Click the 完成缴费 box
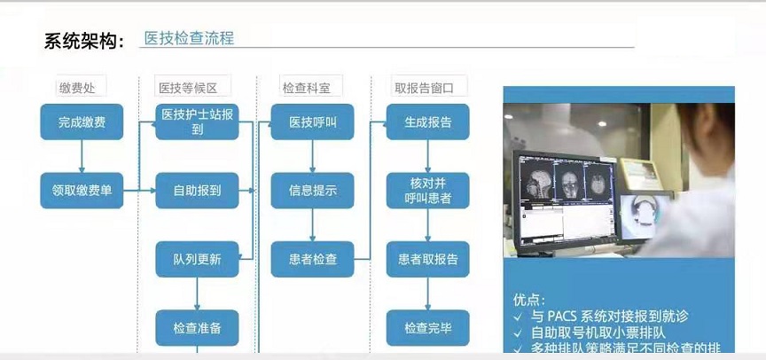tap(82, 121)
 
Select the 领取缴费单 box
tap(82, 190)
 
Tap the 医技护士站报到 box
tap(197, 121)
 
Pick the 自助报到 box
tap(197, 190)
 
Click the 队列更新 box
tap(197, 259)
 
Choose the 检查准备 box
tap(197, 327)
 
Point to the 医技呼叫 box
tap(312, 121)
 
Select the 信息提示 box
tap(312, 190)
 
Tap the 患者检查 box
tap(312, 259)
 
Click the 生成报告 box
tap(427, 121)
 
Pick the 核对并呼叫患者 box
tap(427, 190)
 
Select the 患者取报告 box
tap(427, 259)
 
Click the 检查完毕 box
tap(427, 327)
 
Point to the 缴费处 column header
tap(82, 87)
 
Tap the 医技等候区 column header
tap(192, 87)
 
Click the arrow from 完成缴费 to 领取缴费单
tap(82, 156)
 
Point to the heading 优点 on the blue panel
tap(529, 300)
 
